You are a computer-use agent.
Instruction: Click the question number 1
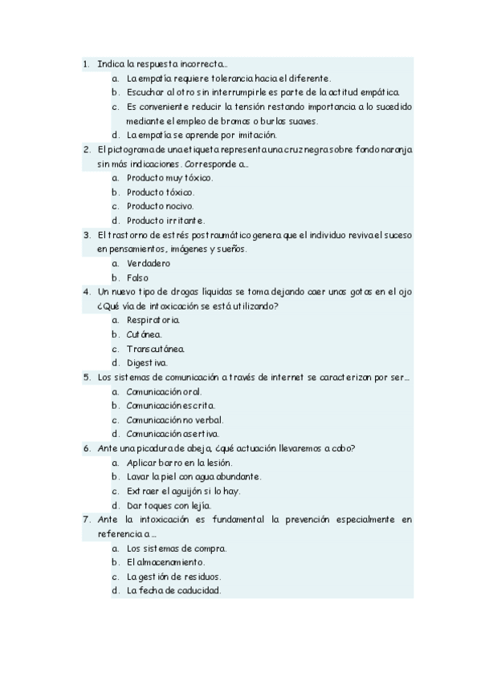pyautogui.click(x=86, y=63)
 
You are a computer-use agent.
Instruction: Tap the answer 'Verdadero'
pyautogui.click(x=149, y=263)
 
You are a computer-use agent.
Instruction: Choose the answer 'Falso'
pyautogui.click(x=138, y=277)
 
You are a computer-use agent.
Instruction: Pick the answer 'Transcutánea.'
pyautogui.click(x=156, y=348)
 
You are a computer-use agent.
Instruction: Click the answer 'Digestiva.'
pyautogui.click(x=147, y=362)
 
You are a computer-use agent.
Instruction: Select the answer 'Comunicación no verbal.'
pyautogui.click(x=175, y=419)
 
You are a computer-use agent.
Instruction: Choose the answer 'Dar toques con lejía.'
pyautogui.click(x=169, y=505)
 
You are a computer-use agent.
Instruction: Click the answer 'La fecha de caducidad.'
pyautogui.click(x=173, y=591)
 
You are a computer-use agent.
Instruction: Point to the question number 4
pyautogui.click(x=86, y=292)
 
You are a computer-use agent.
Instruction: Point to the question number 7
pyautogui.click(x=86, y=520)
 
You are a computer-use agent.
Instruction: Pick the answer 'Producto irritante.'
pyautogui.click(x=166, y=221)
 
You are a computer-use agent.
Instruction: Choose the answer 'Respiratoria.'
pyautogui.click(x=153, y=320)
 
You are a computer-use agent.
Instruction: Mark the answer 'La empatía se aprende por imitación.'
pyautogui.click(x=202, y=135)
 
